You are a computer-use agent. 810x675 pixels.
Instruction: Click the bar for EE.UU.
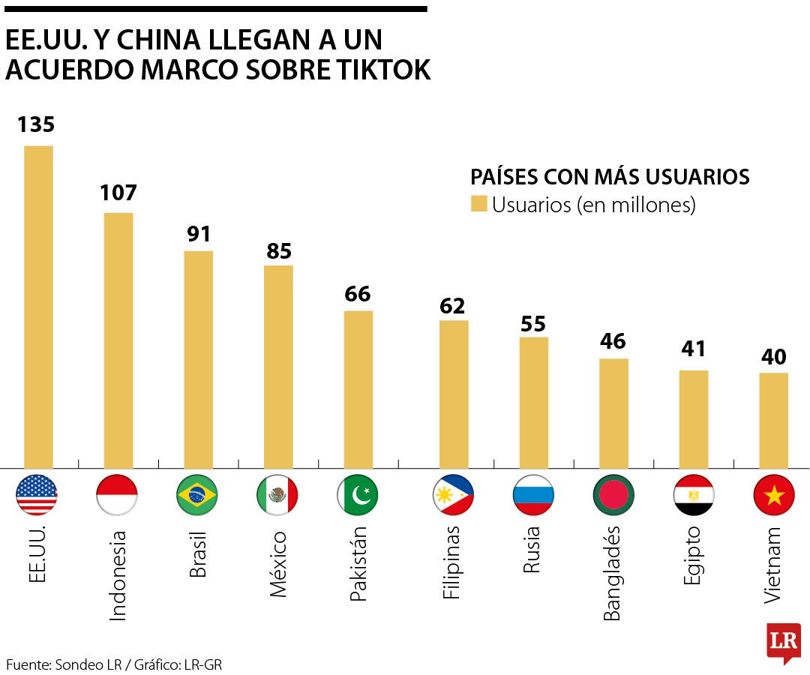tap(38, 307)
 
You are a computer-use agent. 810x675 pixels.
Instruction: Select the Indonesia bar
tap(118, 340)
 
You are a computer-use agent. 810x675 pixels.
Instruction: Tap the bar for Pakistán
tap(358, 389)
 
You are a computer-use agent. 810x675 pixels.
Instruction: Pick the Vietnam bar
tap(773, 420)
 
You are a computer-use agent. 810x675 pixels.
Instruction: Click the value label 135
tap(37, 124)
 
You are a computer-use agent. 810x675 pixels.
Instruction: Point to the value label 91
tap(199, 234)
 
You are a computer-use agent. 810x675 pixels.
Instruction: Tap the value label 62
tap(453, 305)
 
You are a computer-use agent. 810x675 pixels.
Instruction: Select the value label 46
tap(613, 341)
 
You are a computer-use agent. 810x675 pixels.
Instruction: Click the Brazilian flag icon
tap(197, 495)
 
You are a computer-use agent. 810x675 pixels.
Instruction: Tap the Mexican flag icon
tap(277, 495)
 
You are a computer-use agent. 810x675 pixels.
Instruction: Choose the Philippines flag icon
tap(453, 495)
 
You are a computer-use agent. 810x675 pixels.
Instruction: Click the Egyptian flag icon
tap(694, 495)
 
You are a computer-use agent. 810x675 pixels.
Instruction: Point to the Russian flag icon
tap(533, 495)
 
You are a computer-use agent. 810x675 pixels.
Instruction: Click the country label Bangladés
tap(613, 574)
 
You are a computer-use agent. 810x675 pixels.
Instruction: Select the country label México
tap(277, 564)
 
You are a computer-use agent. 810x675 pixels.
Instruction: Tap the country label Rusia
tap(532, 550)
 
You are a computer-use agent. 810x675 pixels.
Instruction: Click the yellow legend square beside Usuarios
tap(478, 204)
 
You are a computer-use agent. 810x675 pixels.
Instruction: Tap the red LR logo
tap(783, 642)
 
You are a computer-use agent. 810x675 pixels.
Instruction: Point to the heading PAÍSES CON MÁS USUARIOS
tap(610, 177)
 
